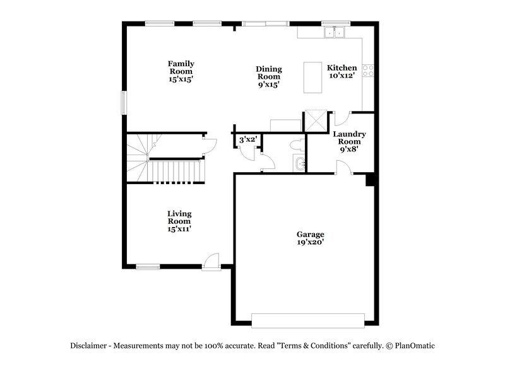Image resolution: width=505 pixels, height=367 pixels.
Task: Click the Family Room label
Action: tap(181, 71)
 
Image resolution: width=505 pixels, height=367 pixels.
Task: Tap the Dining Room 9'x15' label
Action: tap(269, 76)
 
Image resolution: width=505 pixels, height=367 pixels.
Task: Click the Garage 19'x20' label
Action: tap(311, 237)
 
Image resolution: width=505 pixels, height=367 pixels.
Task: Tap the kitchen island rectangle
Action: tap(313, 77)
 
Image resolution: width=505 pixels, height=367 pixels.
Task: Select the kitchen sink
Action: tap(333, 32)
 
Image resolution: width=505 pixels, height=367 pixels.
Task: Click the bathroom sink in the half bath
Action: tap(299, 164)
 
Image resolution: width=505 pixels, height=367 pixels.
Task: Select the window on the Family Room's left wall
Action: tap(124, 103)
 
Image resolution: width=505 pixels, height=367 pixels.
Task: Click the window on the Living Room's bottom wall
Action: tap(148, 267)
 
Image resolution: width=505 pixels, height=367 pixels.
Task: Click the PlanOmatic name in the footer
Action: tap(415, 346)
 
